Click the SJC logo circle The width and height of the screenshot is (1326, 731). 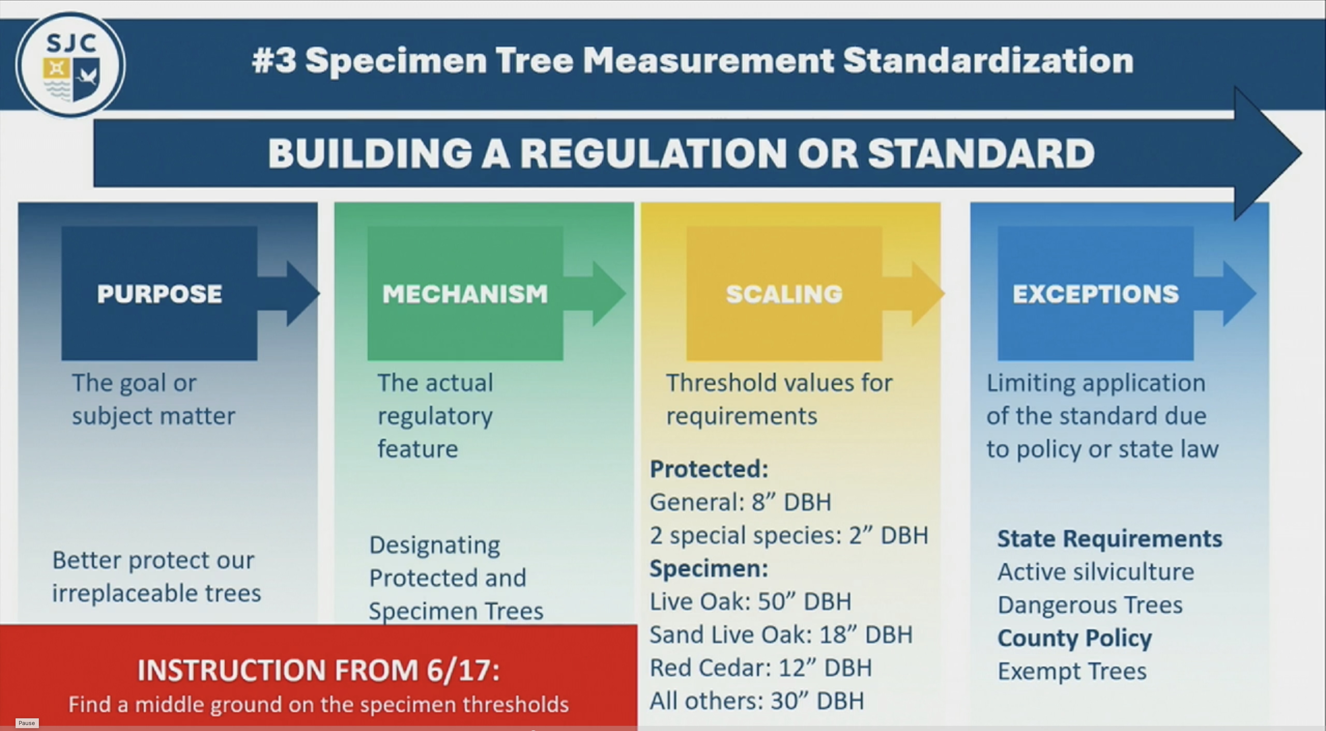(x=70, y=65)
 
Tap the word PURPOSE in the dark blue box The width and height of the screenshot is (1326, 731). (x=160, y=294)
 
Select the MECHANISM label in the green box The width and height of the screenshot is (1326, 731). (x=465, y=294)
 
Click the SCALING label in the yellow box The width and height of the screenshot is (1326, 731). (x=784, y=294)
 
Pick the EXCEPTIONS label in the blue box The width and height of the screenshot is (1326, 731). (x=1096, y=294)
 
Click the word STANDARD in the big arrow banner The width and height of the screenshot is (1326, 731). (x=981, y=153)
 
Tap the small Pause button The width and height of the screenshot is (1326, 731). (x=27, y=723)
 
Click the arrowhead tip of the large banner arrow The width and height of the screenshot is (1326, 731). (x=1302, y=153)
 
